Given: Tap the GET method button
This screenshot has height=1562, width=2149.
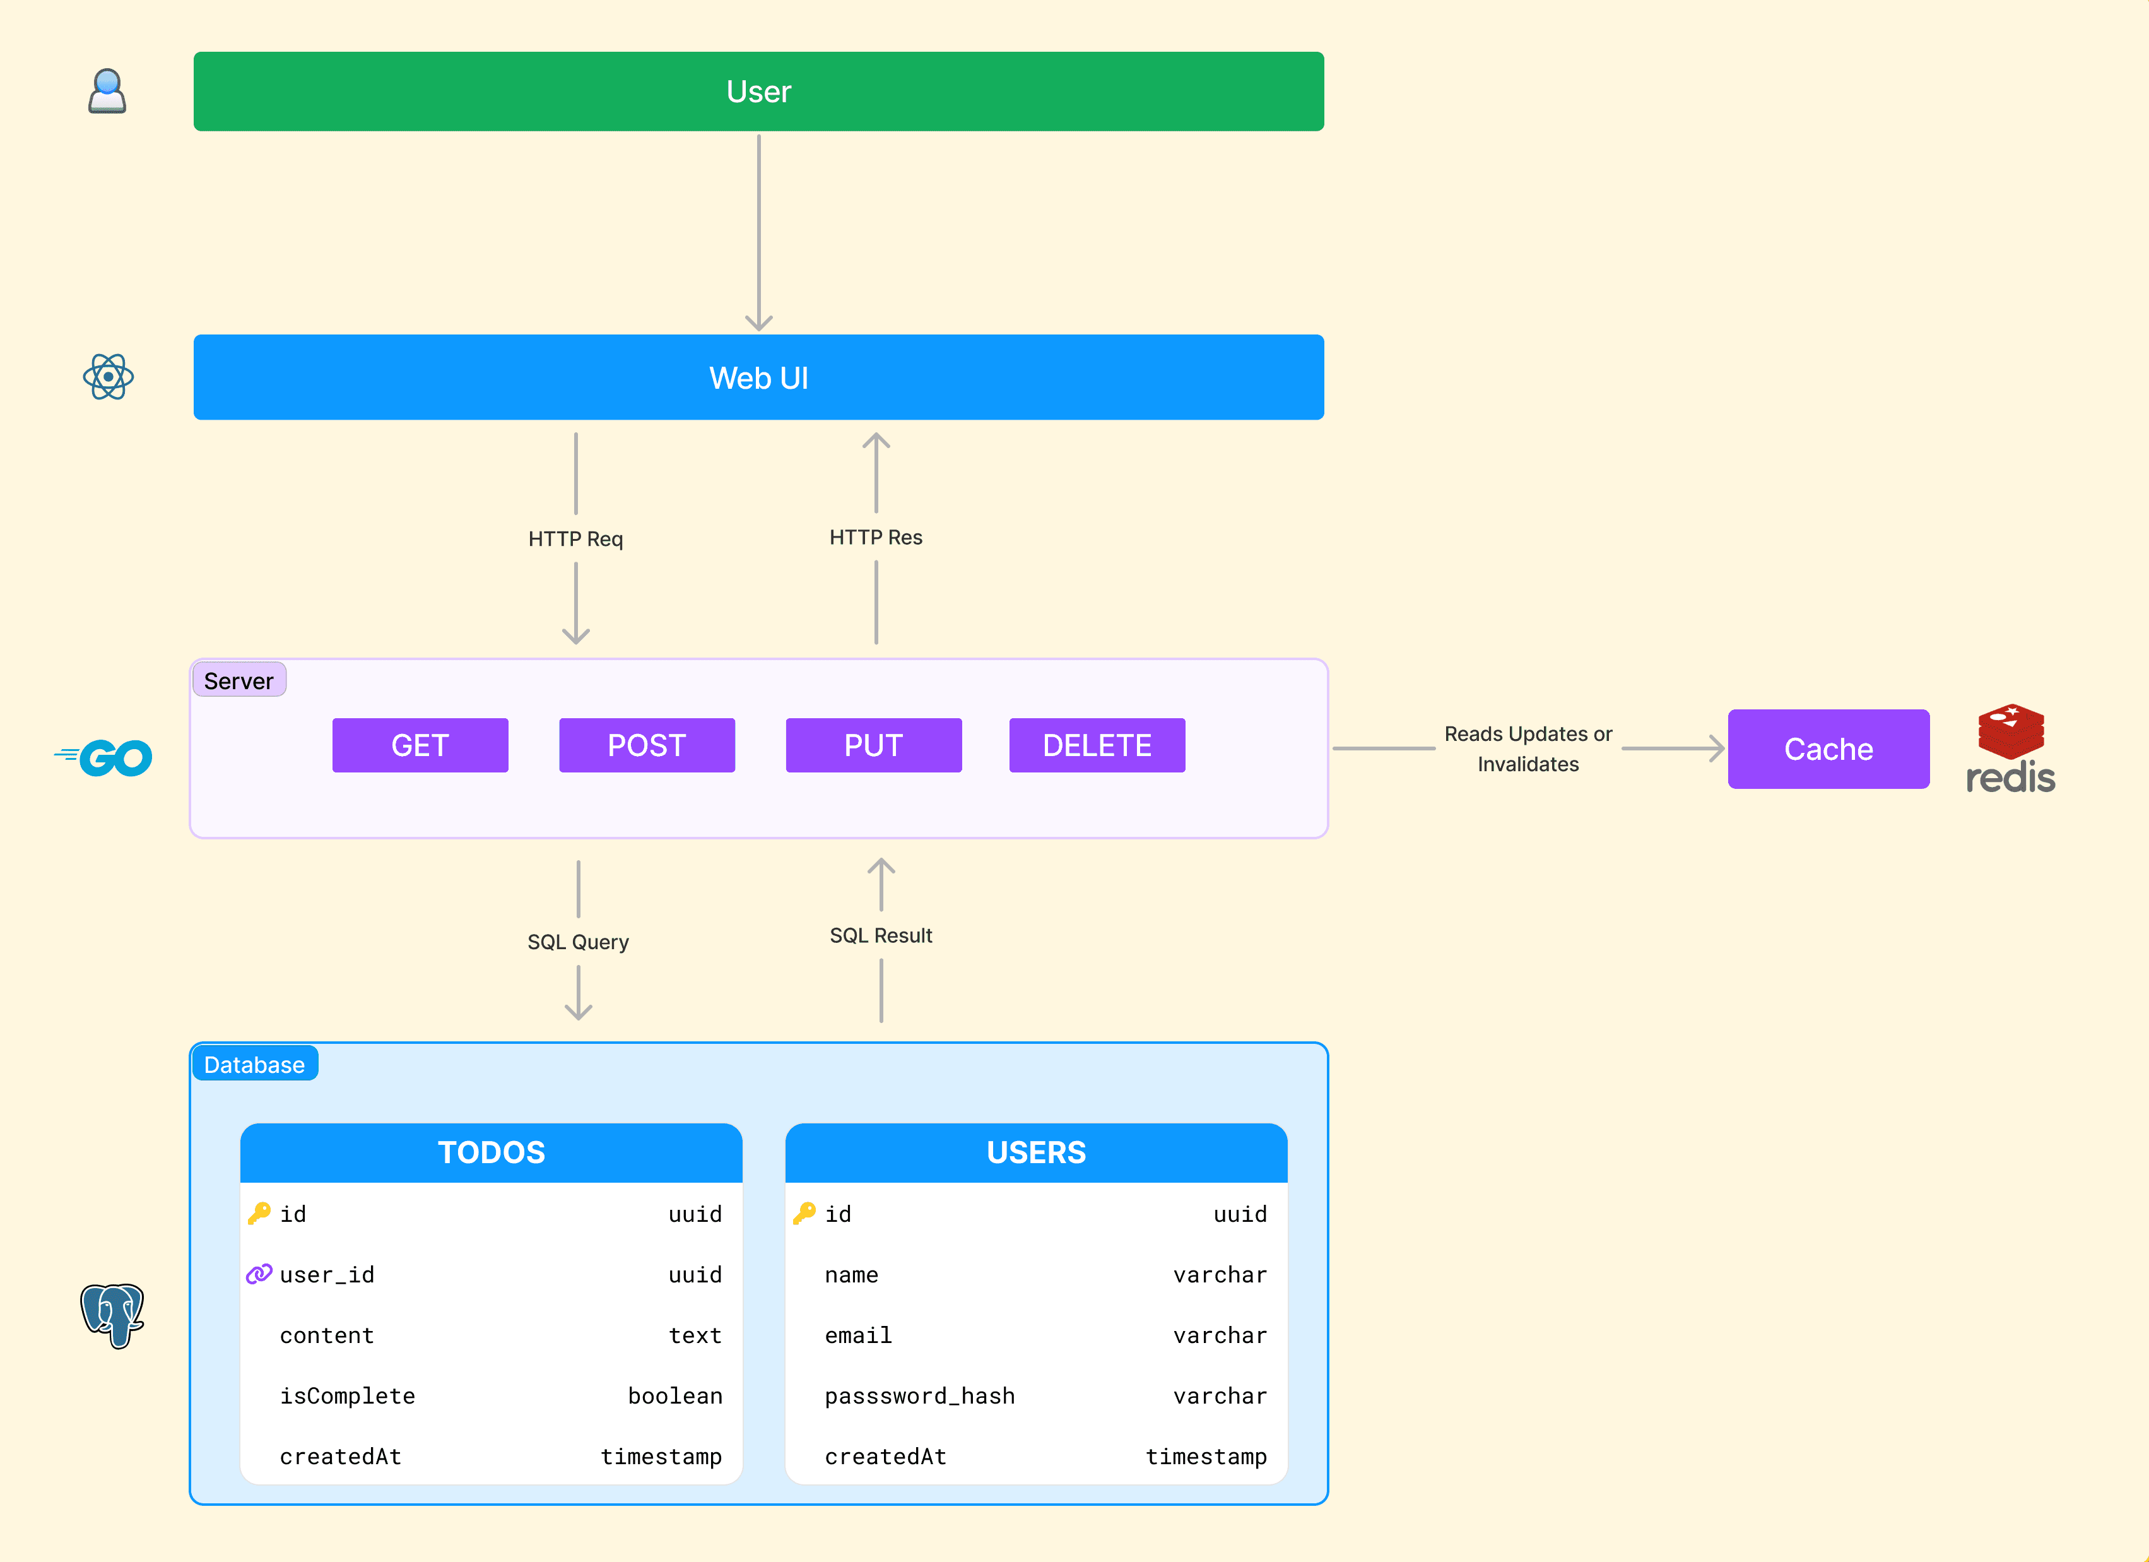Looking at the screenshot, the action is [x=420, y=745].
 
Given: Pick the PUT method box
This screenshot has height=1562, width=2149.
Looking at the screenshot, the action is [x=874, y=745].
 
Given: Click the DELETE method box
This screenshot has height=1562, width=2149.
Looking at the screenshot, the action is [x=1097, y=745].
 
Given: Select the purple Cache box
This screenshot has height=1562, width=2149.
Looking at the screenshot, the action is [x=1828, y=748].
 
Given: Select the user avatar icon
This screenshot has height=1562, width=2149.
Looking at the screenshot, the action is [x=107, y=91].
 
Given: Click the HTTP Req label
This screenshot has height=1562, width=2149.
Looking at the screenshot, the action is [x=576, y=538].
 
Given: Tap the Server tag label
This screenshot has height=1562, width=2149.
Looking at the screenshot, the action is [x=238, y=680].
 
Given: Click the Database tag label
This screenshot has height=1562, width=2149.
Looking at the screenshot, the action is [x=254, y=1065].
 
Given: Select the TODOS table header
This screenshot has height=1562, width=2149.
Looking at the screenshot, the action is [x=491, y=1152].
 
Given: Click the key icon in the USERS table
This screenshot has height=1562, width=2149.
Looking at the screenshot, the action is [x=804, y=1213].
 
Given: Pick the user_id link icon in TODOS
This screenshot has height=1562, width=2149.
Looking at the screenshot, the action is [x=259, y=1274].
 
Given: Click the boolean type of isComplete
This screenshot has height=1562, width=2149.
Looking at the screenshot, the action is [x=674, y=1395].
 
